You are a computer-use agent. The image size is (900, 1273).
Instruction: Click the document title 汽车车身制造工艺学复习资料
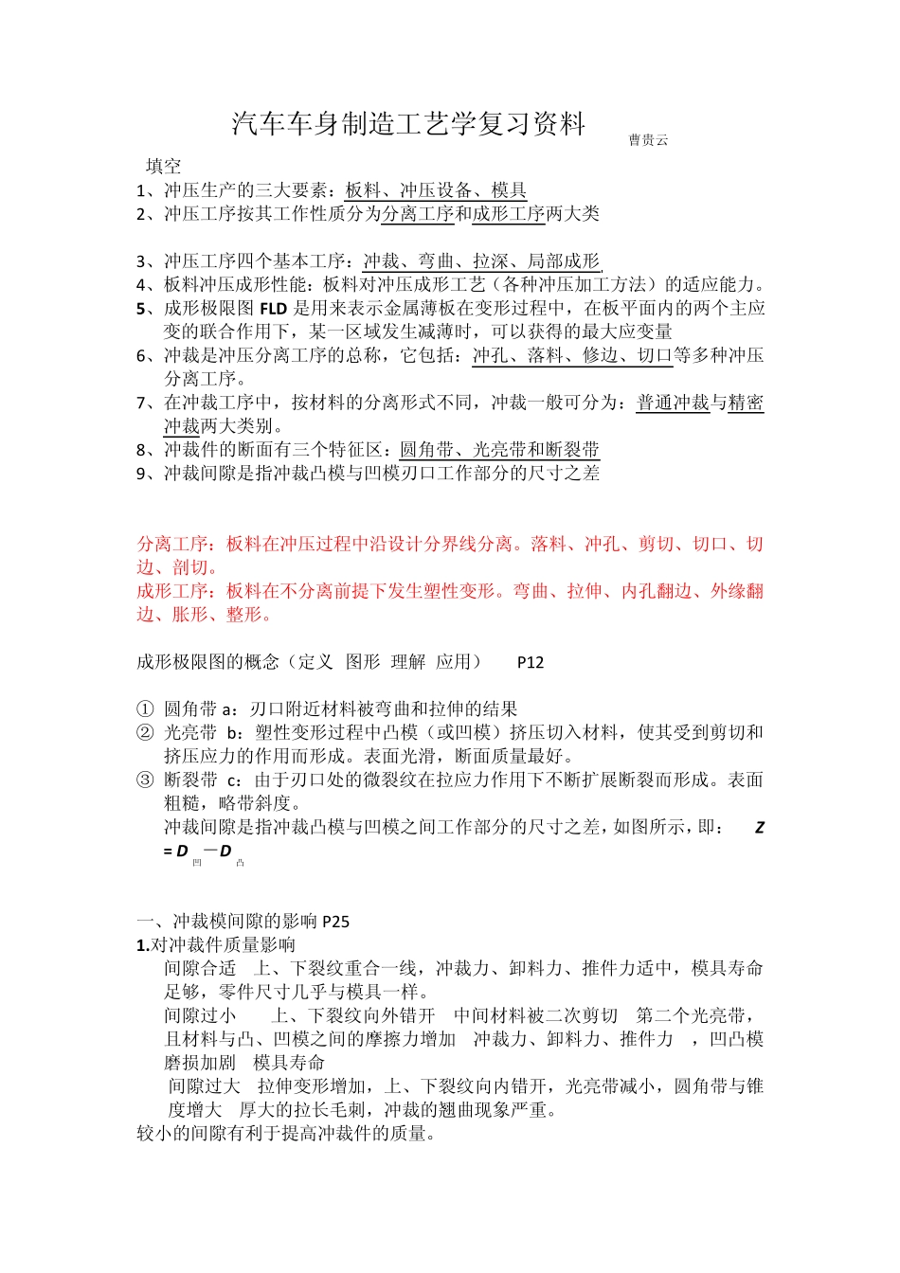click(408, 124)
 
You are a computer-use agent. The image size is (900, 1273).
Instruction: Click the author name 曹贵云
click(648, 140)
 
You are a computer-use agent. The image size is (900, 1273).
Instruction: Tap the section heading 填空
click(163, 167)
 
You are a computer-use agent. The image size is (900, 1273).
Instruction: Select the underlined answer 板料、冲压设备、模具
click(436, 190)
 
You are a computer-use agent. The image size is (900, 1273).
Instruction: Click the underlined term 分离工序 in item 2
click(418, 214)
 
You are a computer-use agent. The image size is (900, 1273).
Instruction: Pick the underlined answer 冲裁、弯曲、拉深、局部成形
click(481, 261)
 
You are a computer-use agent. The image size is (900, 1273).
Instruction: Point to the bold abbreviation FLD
click(273, 309)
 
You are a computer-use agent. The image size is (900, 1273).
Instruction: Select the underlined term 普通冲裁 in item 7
click(673, 403)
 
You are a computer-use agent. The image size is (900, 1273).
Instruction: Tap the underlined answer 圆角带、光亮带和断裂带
click(499, 450)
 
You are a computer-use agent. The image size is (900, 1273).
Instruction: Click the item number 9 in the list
click(141, 474)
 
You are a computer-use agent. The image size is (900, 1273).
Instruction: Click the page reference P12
click(531, 662)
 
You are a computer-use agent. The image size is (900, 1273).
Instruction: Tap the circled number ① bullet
click(145, 709)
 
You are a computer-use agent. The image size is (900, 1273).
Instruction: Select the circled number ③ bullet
click(145, 780)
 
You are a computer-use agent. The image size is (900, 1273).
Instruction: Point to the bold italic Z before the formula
click(759, 828)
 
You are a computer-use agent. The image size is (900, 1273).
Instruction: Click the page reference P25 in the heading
click(335, 922)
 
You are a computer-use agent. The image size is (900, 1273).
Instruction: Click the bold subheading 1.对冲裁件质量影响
click(216, 945)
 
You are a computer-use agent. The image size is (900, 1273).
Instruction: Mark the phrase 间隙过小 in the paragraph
click(200, 1016)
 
